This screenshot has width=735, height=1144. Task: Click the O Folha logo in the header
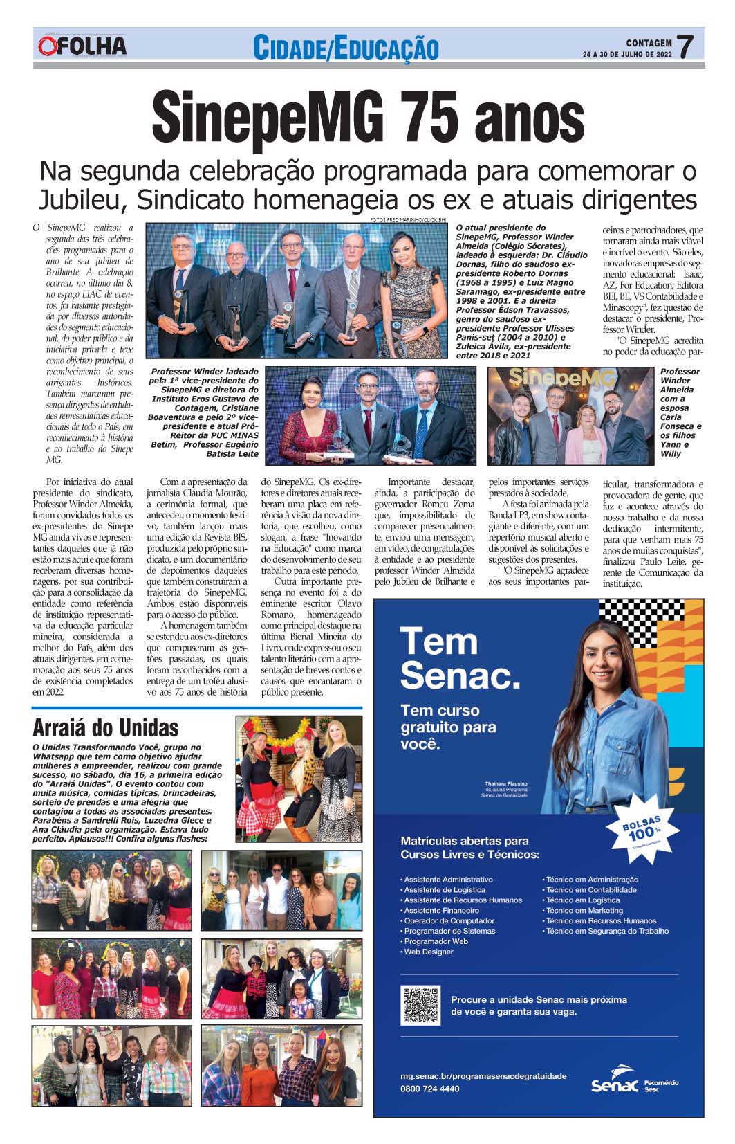point(82,46)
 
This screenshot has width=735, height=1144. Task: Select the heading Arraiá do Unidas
point(106,728)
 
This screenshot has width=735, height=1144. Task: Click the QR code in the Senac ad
point(420,1006)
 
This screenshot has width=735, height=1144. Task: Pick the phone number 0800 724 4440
point(429,1089)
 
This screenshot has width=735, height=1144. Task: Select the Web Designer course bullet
point(428,952)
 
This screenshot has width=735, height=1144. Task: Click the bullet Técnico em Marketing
point(584,911)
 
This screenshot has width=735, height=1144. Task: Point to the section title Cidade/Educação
point(346,48)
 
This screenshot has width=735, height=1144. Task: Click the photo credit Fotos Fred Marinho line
point(409,220)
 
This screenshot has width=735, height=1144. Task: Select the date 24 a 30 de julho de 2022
point(627,54)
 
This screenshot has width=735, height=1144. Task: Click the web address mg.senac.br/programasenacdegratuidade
point(483,1076)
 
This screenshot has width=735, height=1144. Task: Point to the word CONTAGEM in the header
point(649,43)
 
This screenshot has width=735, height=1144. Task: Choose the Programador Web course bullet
point(436,941)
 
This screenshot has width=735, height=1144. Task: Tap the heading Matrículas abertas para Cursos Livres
point(470,848)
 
